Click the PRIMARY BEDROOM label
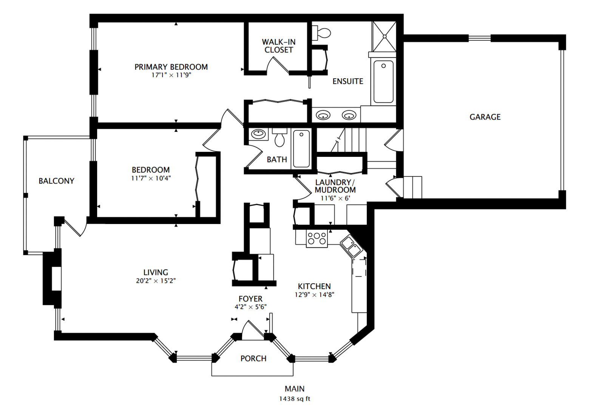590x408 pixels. (171, 67)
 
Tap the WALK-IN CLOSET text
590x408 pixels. (279, 46)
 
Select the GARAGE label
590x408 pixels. (485, 117)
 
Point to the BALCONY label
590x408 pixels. (56, 181)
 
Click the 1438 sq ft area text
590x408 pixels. (295, 399)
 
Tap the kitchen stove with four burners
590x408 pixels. (317, 238)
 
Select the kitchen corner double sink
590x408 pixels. (351, 245)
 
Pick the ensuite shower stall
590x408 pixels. (384, 36)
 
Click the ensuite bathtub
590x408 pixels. (383, 82)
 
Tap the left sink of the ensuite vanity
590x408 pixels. (323, 115)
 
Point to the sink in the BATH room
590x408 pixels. (258, 134)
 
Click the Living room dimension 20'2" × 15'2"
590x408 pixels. (156, 281)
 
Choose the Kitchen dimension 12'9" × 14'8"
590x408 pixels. (314, 295)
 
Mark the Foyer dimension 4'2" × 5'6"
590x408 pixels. (250, 307)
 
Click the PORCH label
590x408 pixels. (253, 359)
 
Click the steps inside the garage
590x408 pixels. (412, 187)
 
